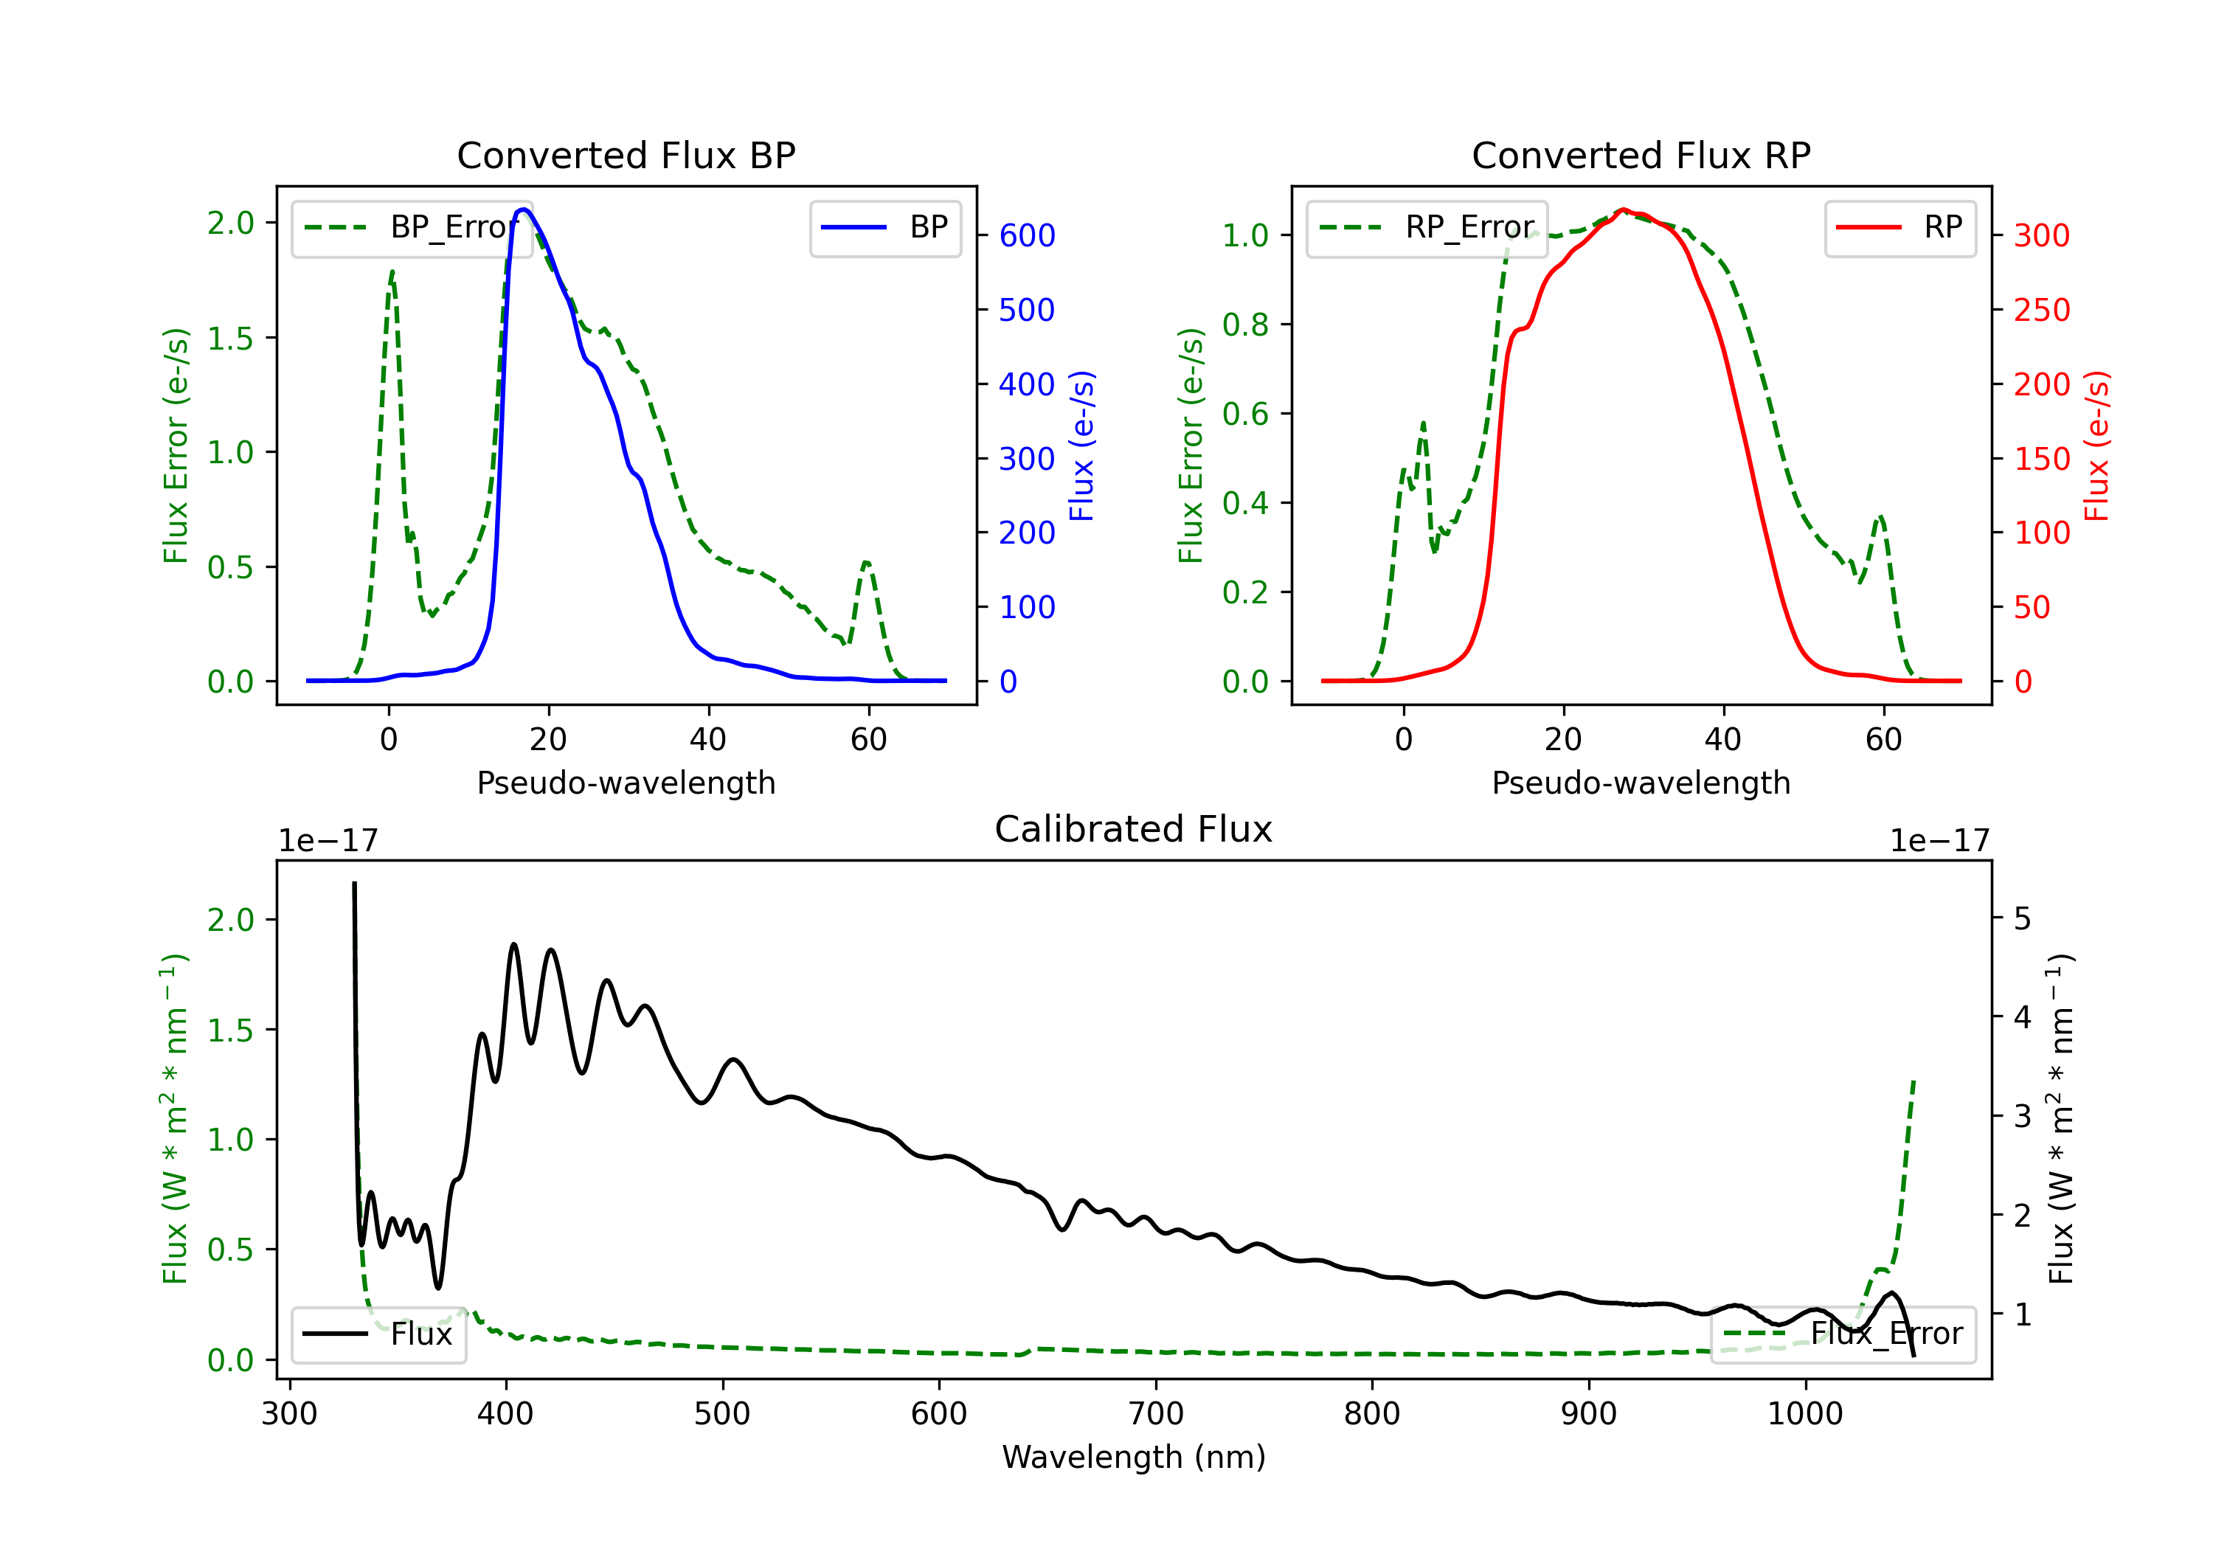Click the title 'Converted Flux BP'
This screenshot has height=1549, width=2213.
[626, 155]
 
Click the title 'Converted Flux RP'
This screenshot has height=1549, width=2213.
[1641, 155]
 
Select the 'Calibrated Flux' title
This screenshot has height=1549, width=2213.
[1134, 829]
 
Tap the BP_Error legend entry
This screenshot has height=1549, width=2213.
[412, 227]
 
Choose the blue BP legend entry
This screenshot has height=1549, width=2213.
[884, 227]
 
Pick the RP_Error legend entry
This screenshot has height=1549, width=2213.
[1427, 227]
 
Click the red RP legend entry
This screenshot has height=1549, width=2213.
[1899, 227]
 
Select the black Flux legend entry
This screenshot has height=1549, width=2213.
[378, 1334]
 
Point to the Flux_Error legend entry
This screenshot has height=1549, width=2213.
[1843, 1334]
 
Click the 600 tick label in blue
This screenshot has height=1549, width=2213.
[1028, 235]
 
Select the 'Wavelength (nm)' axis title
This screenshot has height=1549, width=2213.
[1134, 1458]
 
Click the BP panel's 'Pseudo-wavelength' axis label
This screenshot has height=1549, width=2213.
[626, 783]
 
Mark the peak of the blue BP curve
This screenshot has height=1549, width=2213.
[523, 209]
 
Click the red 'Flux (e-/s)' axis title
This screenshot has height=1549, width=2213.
[2097, 446]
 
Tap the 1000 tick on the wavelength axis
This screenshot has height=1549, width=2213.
[1805, 1414]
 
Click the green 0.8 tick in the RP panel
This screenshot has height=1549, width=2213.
[1245, 325]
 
